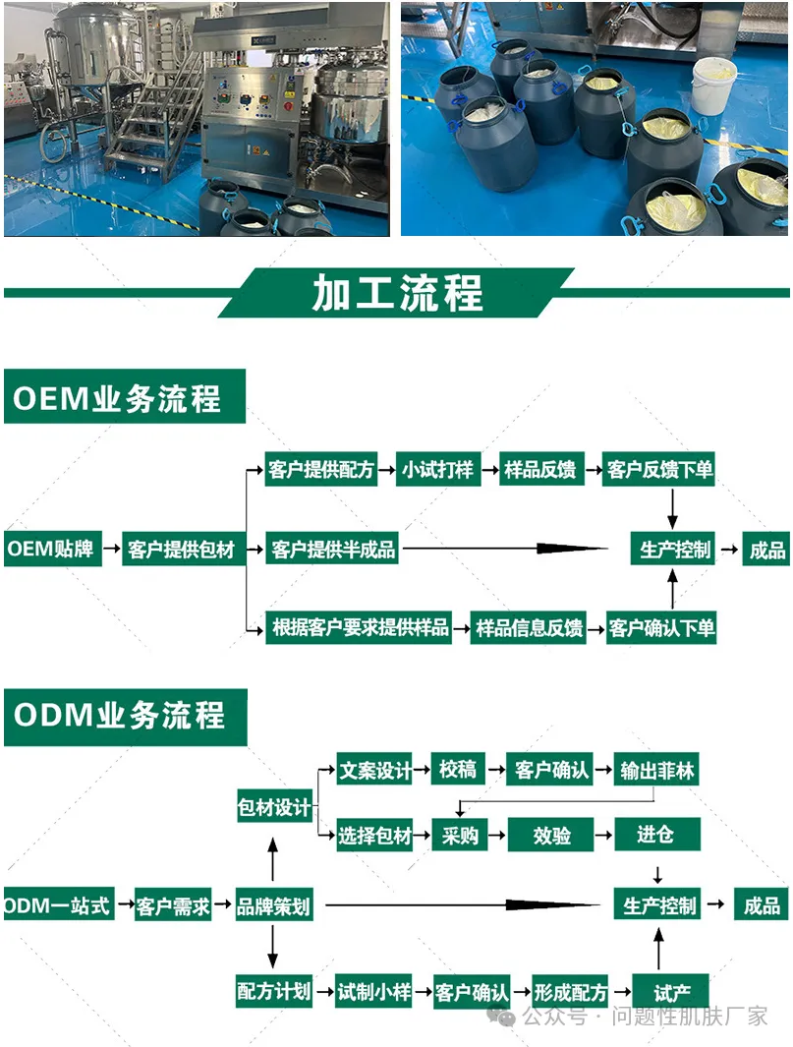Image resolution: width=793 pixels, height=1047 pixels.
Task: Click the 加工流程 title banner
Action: (397, 292)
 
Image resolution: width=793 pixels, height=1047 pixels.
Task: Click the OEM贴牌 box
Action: (51, 549)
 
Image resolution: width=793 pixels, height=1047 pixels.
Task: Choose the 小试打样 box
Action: (436, 470)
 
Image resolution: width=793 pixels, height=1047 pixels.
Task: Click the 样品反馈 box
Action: (539, 470)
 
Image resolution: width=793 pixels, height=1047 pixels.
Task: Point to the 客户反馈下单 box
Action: (659, 470)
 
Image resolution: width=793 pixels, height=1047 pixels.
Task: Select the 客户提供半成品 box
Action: (333, 550)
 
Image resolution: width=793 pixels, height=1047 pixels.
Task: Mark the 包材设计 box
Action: (274, 808)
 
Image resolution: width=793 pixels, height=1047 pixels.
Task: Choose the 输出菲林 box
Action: (657, 770)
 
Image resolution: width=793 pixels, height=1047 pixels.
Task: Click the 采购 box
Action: (460, 836)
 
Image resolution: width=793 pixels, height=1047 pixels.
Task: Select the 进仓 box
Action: (656, 835)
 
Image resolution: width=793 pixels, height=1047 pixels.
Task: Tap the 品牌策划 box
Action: (273, 905)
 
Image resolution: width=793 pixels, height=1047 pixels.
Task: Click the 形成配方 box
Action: (570, 992)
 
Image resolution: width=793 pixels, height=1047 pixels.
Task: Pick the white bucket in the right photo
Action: (714, 85)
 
